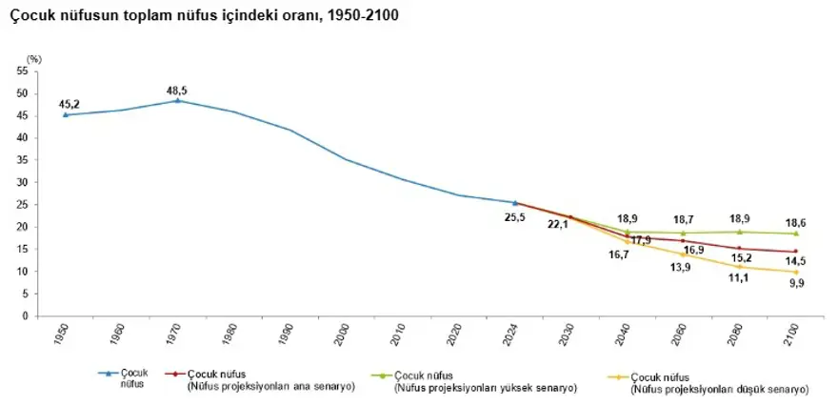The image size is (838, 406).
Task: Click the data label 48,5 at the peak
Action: pyautogui.click(x=177, y=90)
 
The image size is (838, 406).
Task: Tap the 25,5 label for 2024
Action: pyautogui.click(x=513, y=216)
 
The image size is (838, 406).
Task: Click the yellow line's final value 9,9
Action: pyautogui.click(x=796, y=283)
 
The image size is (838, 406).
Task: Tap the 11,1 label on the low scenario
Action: pyautogui.click(x=740, y=279)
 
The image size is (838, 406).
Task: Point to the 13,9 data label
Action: pyautogui.click(x=682, y=267)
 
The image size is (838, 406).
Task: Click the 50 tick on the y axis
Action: pyautogui.click(x=20, y=93)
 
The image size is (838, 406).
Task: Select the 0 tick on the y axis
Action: pyautogui.click(x=23, y=315)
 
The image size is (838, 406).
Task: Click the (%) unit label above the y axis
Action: pyautogui.click(x=34, y=60)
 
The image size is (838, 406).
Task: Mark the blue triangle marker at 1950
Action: pyautogui.click(x=65, y=115)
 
